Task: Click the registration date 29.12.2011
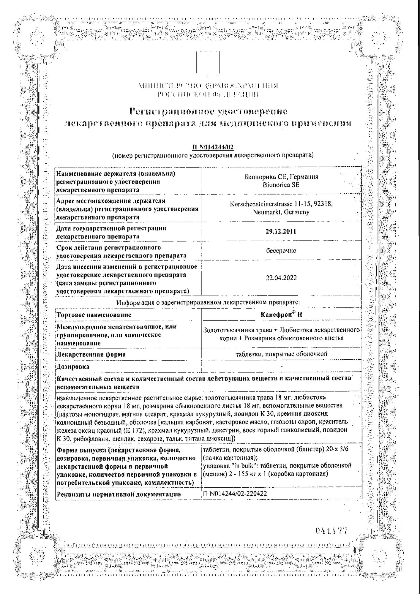point(281,232)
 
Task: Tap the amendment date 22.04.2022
point(281,278)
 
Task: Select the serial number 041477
point(331,531)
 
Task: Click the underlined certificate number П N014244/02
point(213,148)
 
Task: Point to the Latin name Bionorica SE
point(281,185)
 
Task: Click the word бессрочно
point(281,251)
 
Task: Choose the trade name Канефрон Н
point(281,315)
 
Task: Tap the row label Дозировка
point(73,366)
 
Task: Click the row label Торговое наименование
point(94,315)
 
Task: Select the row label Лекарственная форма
point(91,354)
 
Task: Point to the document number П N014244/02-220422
point(235,494)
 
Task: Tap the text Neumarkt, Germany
point(281,212)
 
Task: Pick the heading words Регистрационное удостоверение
point(209,112)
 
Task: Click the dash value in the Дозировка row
point(281,367)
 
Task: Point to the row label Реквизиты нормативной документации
point(119,494)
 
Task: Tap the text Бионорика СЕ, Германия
point(281,177)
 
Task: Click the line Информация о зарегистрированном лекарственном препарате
point(208,303)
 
